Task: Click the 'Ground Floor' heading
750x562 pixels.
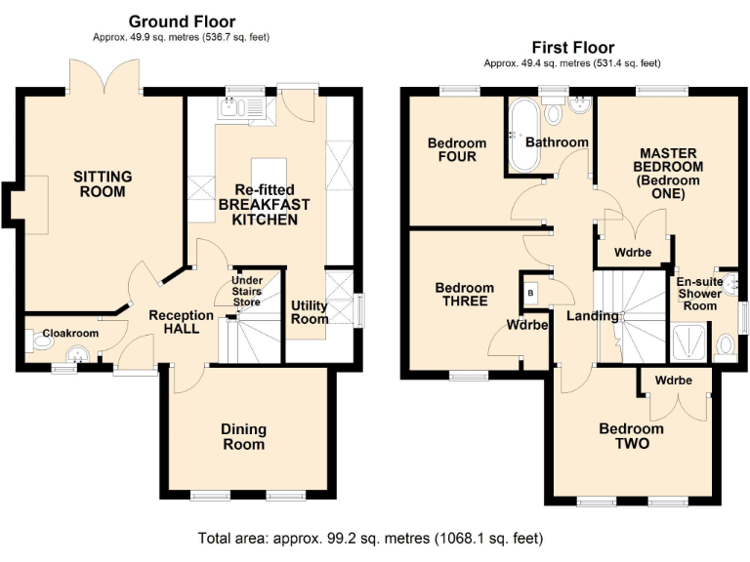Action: pos(183,21)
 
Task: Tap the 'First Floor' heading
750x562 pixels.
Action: pos(573,47)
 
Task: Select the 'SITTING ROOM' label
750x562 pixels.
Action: pos(103,183)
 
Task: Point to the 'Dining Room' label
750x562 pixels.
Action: pos(243,436)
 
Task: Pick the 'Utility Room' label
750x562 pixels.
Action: pos(310,312)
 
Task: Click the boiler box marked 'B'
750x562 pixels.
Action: pos(530,292)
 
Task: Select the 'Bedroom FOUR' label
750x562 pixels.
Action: pos(457,150)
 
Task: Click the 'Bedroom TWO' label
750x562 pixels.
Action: pos(631,436)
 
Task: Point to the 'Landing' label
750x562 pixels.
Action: pos(593,316)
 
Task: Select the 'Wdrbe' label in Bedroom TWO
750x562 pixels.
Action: pos(674,381)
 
